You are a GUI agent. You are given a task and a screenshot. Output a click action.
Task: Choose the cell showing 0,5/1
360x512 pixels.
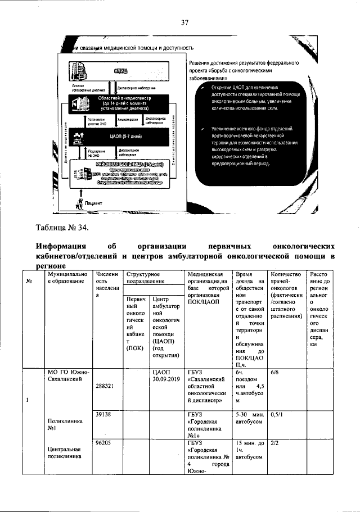coord(276,414)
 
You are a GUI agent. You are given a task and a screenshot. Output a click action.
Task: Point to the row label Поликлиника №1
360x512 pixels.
coord(65,424)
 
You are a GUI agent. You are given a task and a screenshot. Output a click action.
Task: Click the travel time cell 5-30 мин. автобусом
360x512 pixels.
coord(249,419)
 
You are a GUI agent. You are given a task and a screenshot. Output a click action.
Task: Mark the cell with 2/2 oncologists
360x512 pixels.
coord(275,442)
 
